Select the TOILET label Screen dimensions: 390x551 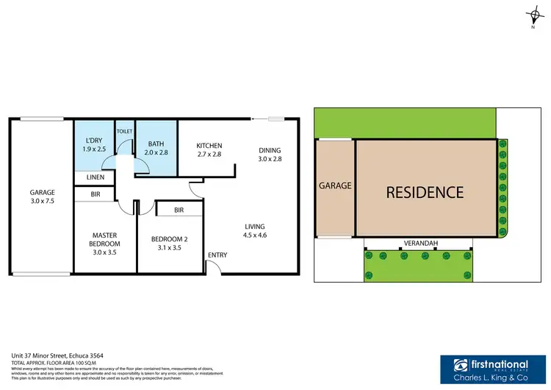(x=124, y=131)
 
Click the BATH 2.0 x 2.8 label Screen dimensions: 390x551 (x=157, y=149)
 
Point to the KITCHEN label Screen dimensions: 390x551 (x=209, y=150)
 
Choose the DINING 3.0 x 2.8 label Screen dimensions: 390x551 (x=270, y=155)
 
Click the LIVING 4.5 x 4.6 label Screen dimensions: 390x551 (x=256, y=231)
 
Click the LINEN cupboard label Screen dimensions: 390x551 (x=95, y=177)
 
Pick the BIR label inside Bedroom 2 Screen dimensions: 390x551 (x=179, y=210)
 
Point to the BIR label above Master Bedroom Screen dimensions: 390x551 (x=95, y=195)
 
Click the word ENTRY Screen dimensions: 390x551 (x=217, y=255)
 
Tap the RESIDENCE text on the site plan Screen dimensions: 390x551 (x=425, y=192)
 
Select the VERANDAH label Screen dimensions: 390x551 (x=417, y=242)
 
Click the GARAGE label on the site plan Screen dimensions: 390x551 (x=335, y=186)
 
